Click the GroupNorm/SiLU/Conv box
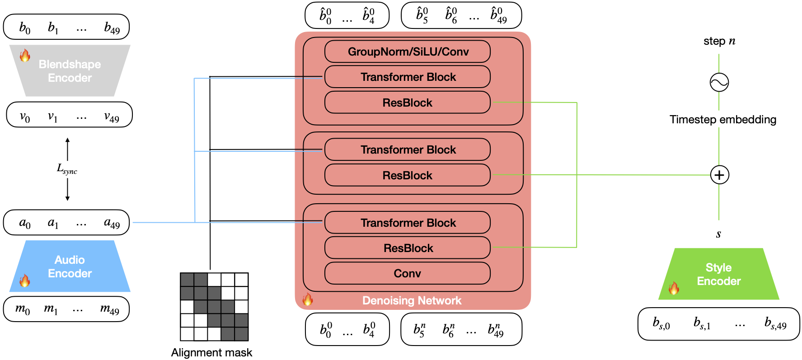[x=408, y=51]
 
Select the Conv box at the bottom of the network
[x=408, y=273]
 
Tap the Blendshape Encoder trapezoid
[x=70, y=70]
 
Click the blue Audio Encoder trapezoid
[x=70, y=266]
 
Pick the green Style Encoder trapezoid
[x=719, y=274]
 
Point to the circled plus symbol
[x=719, y=175]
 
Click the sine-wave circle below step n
[x=719, y=82]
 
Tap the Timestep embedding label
[x=723, y=120]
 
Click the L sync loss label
[x=67, y=169]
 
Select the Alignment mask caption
[x=211, y=353]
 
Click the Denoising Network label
[x=412, y=300]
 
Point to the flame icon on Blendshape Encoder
[x=25, y=56]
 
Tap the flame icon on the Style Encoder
[x=674, y=288]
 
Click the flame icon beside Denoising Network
[x=308, y=299]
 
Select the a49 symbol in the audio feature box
[x=112, y=223]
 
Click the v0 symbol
[x=25, y=117]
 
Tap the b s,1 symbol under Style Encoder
[x=702, y=323]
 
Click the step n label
[x=719, y=41]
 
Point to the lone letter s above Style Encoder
[x=718, y=234]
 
